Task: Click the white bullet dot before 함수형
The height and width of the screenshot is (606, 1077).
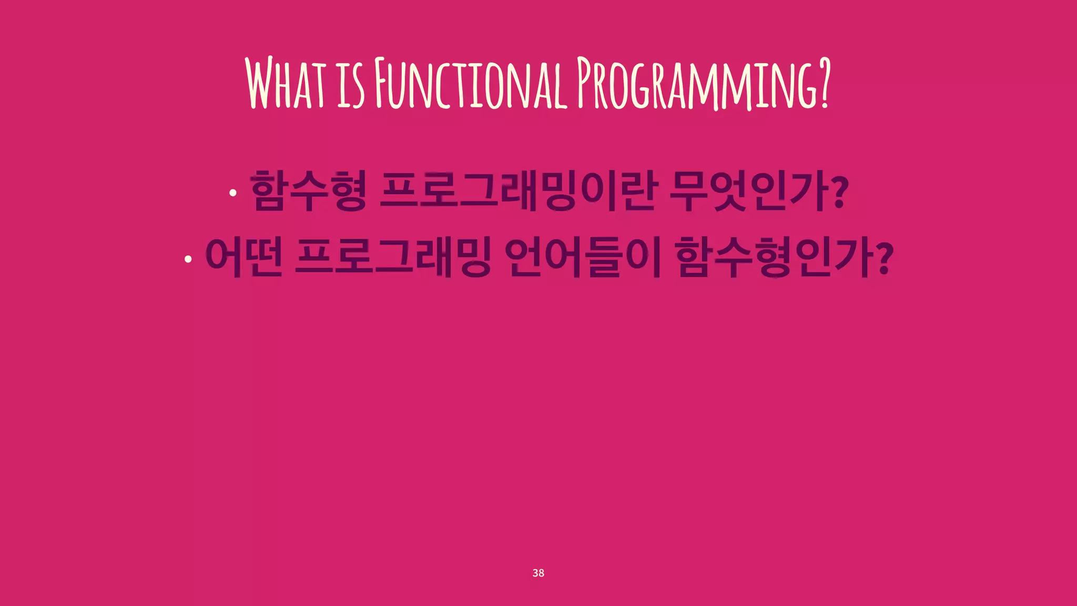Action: tap(233, 193)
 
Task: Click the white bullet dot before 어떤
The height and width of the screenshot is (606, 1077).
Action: tap(188, 259)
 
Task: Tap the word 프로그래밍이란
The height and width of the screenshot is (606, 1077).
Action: tap(518, 190)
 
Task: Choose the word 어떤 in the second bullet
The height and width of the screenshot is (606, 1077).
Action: tap(243, 257)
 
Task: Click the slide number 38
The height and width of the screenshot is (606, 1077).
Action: tap(538, 573)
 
